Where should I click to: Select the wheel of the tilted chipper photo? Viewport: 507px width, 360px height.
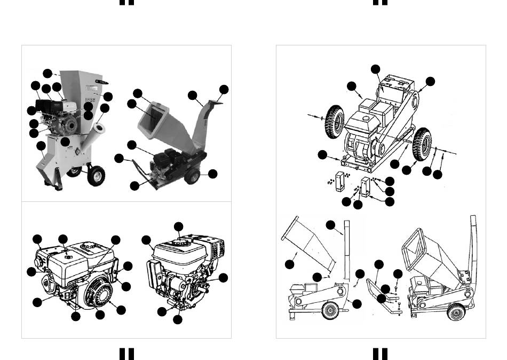pyautogui.click(x=193, y=175)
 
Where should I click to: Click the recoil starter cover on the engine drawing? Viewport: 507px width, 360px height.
pyautogui.click(x=99, y=293)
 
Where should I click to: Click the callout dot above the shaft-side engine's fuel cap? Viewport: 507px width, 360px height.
pyautogui.click(x=178, y=226)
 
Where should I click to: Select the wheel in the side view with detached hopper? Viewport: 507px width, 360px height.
pyautogui.click(x=329, y=310)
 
